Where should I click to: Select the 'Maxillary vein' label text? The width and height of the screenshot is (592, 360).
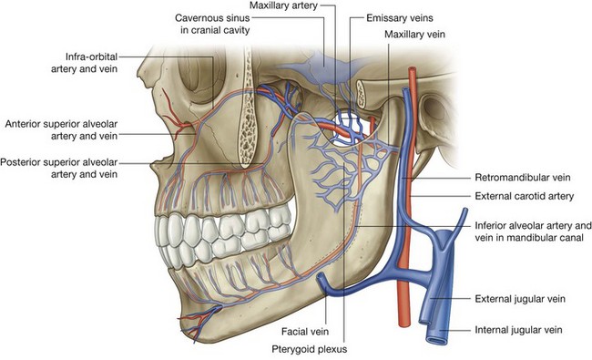(x=413, y=35)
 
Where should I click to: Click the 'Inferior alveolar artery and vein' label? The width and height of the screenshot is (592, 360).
(x=534, y=231)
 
